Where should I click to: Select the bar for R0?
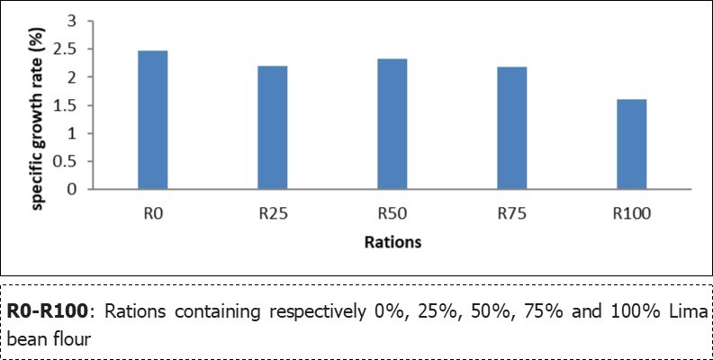[x=152, y=121]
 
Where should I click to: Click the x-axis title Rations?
[x=393, y=242]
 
